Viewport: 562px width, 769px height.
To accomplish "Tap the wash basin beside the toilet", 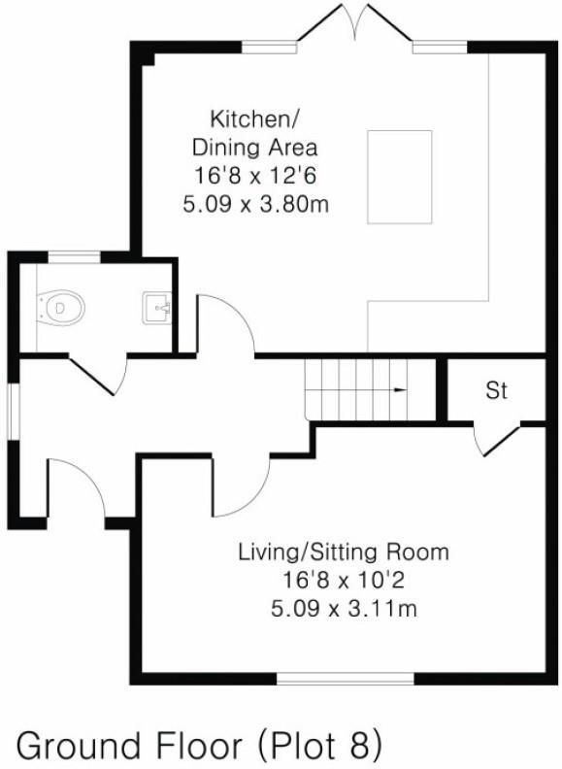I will pos(157,309).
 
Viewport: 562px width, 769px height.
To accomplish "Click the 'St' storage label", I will pos(496,390).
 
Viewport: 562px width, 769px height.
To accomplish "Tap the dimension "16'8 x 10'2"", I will pos(344,581).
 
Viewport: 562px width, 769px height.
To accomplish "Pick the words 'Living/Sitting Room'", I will pos(344,552).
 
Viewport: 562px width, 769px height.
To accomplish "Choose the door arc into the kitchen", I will pos(225,324).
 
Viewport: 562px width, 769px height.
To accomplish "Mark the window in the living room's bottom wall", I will pos(347,678).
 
